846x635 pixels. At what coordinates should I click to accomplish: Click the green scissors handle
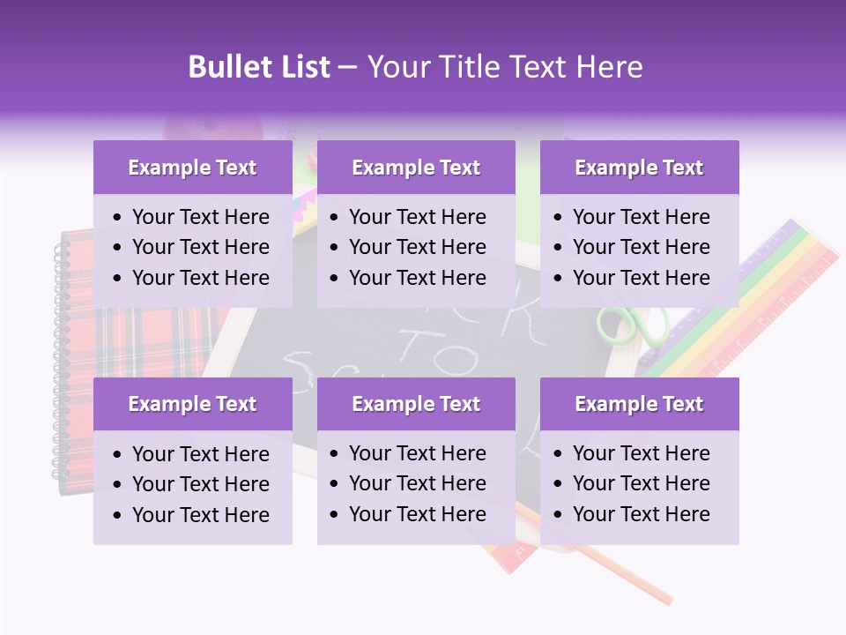point(617,325)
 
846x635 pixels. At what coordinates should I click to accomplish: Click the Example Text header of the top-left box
point(192,168)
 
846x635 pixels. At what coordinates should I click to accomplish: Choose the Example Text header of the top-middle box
point(416,168)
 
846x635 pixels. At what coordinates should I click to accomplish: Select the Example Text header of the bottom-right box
point(639,404)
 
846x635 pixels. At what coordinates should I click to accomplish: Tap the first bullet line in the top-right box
point(641,217)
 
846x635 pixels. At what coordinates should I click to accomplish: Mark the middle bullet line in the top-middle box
point(417,247)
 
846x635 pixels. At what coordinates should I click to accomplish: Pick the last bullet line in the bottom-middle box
point(417,514)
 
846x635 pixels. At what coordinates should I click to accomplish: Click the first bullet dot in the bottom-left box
point(119,455)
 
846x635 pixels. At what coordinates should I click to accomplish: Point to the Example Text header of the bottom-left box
point(192,404)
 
